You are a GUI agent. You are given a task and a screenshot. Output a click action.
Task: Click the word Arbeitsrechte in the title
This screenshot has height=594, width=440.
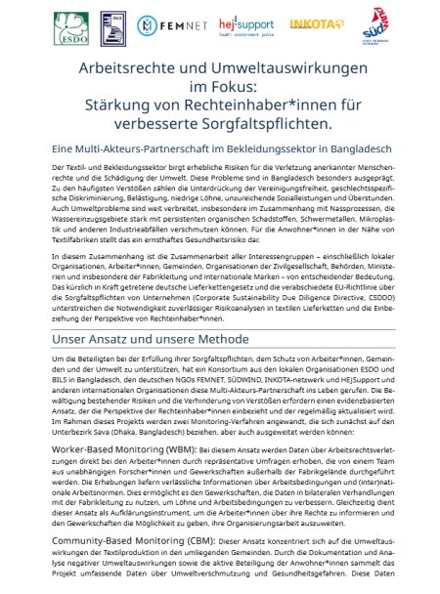tap(132, 67)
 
